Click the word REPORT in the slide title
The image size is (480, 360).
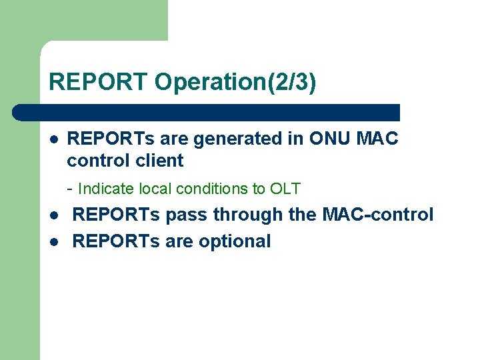click(x=99, y=82)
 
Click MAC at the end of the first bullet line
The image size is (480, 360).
click(x=378, y=139)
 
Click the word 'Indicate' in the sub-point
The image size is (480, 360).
click(x=103, y=189)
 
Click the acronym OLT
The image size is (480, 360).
click(x=285, y=189)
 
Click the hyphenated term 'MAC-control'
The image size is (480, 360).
click(x=378, y=215)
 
